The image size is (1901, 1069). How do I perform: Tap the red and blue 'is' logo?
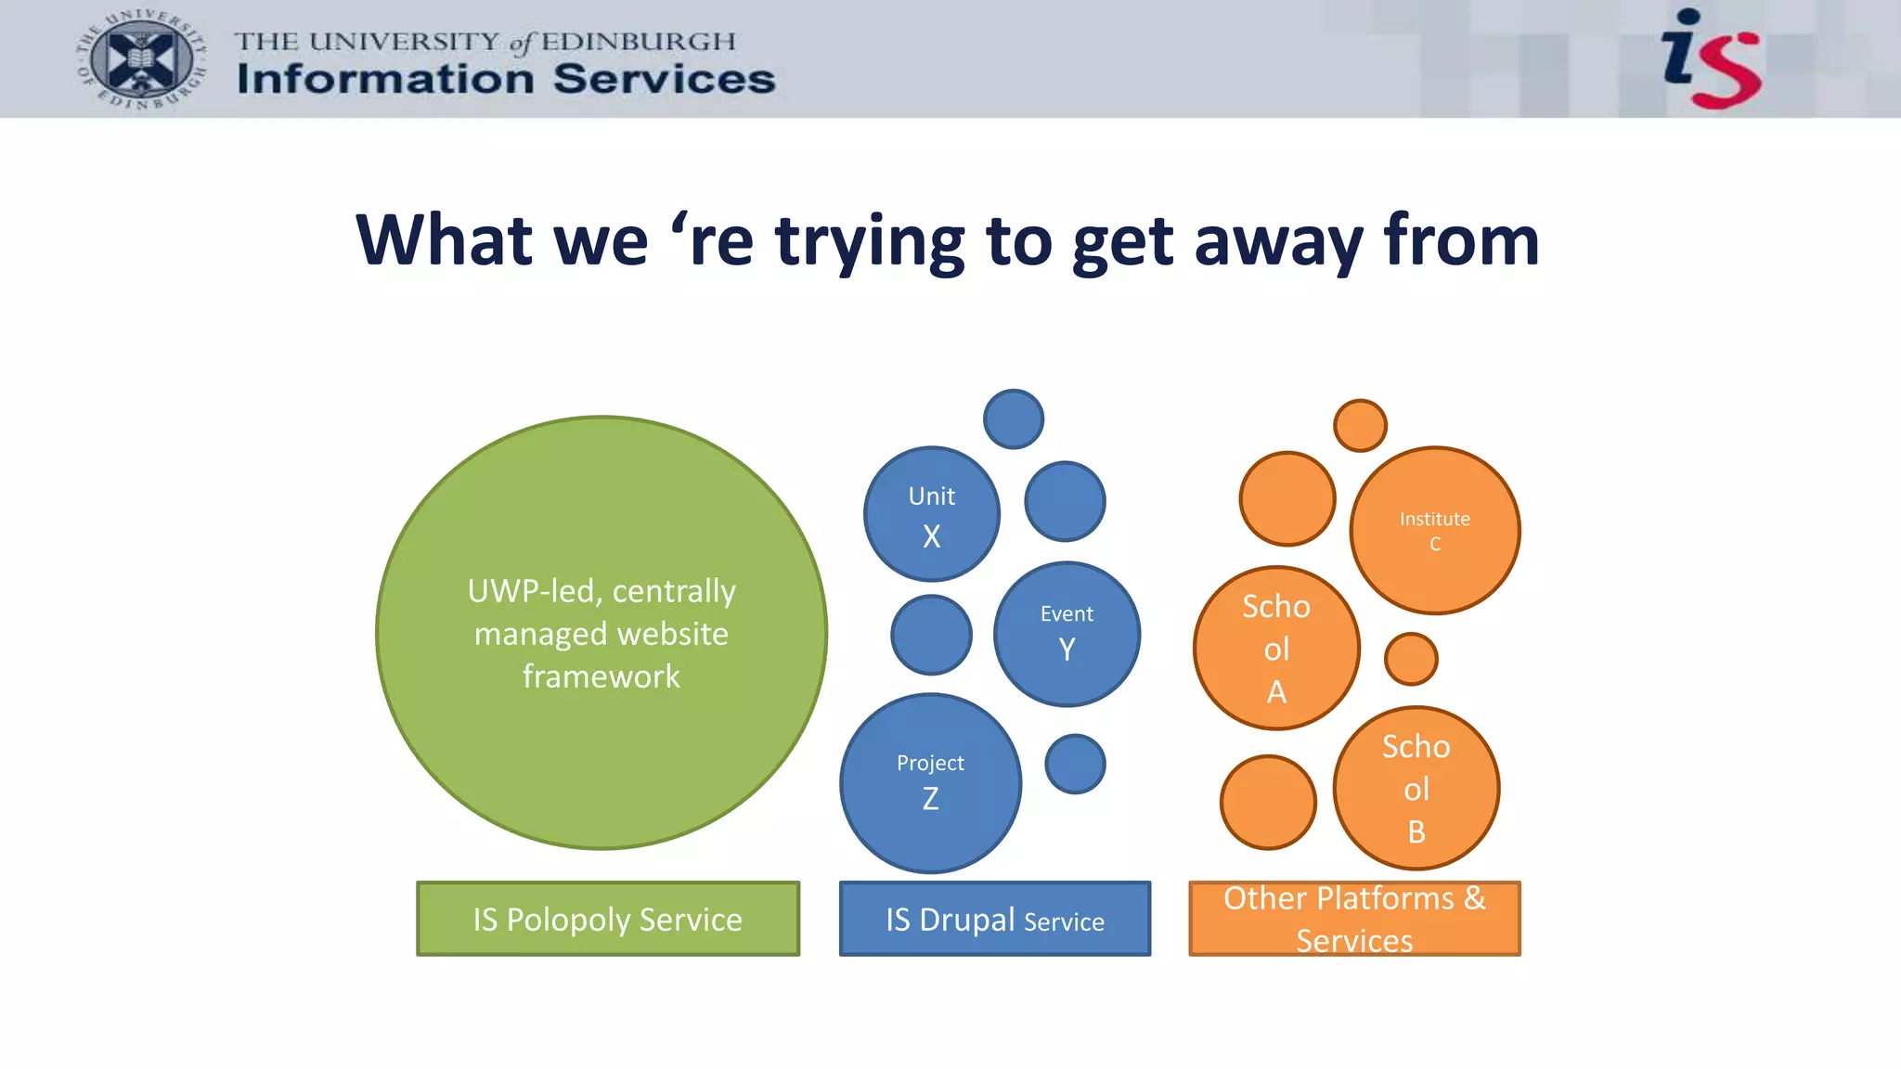[1710, 58]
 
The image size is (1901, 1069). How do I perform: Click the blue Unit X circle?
[932, 515]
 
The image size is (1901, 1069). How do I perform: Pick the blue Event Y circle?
[1067, 634]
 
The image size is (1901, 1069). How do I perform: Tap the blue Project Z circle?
[930, 783]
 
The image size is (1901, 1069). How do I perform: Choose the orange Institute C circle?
[1434, 531]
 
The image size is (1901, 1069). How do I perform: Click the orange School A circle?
[1276, 649]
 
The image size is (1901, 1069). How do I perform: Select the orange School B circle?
[1416, 789]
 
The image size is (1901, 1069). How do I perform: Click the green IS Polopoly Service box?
[608, 919]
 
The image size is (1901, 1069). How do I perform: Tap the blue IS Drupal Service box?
[994, 919]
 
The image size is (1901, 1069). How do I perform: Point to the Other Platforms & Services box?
[1354, 919]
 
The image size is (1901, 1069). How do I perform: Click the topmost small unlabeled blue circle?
[1014, 419]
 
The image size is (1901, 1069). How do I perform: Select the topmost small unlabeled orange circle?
[1360, 426]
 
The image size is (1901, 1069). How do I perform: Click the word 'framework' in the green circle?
[601, 676]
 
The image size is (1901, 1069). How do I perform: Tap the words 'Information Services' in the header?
[506, 80]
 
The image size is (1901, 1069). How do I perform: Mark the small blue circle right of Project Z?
[1075, 764]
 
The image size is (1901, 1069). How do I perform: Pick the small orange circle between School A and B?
[1411, 659]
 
